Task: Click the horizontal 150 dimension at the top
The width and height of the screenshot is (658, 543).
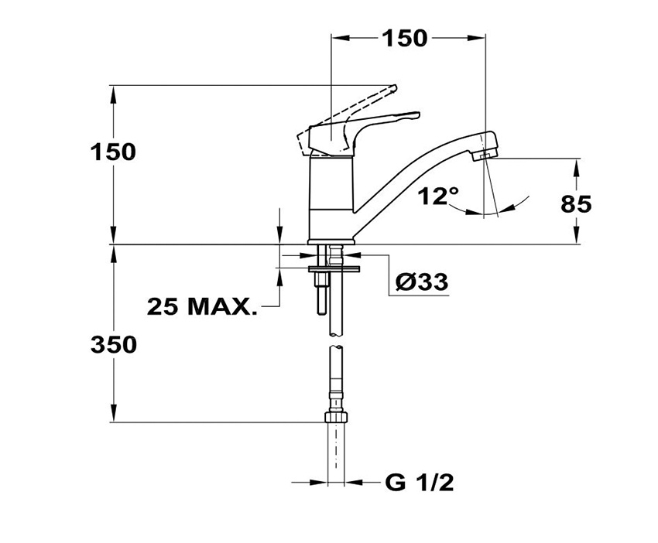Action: (405, 39)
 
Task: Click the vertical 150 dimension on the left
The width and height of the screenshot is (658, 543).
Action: (113, 152)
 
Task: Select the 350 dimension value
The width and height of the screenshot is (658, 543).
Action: (114, 345)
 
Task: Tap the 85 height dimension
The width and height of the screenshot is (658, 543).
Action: (576, 204)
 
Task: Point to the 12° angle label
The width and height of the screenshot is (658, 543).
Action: (438, 196)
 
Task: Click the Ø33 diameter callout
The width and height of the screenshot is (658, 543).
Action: (422, 282)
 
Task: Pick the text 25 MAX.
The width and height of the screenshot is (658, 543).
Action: (202, 307)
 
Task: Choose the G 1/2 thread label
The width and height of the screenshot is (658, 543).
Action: (420, 483)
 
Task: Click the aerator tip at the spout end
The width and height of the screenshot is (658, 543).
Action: (483, 155)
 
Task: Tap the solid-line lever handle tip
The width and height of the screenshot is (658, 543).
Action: (416, 115)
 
